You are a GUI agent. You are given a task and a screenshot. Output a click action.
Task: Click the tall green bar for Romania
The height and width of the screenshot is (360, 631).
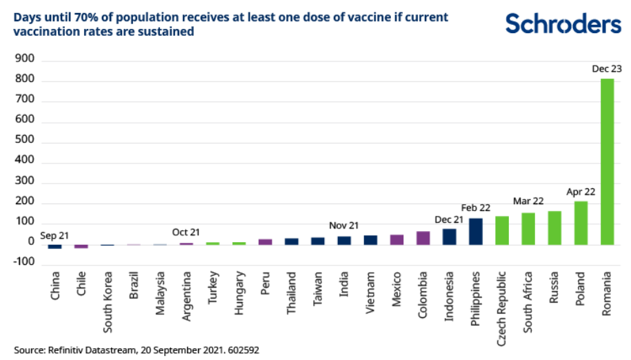[607, 161]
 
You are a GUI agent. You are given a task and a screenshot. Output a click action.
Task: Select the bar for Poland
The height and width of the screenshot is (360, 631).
[581, 223]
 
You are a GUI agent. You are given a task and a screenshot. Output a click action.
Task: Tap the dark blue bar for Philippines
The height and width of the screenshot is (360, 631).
[475, 231]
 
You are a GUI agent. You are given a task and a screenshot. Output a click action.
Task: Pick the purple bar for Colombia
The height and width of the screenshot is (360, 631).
[423, 238]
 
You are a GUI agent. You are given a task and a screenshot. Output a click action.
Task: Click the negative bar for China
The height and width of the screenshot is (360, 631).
[54, 246]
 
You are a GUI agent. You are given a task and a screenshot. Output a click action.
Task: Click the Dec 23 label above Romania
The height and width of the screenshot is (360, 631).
[607, 68]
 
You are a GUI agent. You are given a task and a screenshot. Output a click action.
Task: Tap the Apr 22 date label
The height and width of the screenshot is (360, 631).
[581, 191]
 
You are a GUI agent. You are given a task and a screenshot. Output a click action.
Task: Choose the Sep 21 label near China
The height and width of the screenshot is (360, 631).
[54, 236]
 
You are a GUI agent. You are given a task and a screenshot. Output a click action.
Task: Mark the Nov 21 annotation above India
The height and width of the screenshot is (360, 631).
[343, 225]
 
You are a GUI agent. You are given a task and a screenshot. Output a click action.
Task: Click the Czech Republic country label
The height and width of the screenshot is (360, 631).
[501, 301]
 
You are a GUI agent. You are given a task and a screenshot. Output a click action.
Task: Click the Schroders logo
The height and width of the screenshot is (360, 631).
[563, 23]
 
